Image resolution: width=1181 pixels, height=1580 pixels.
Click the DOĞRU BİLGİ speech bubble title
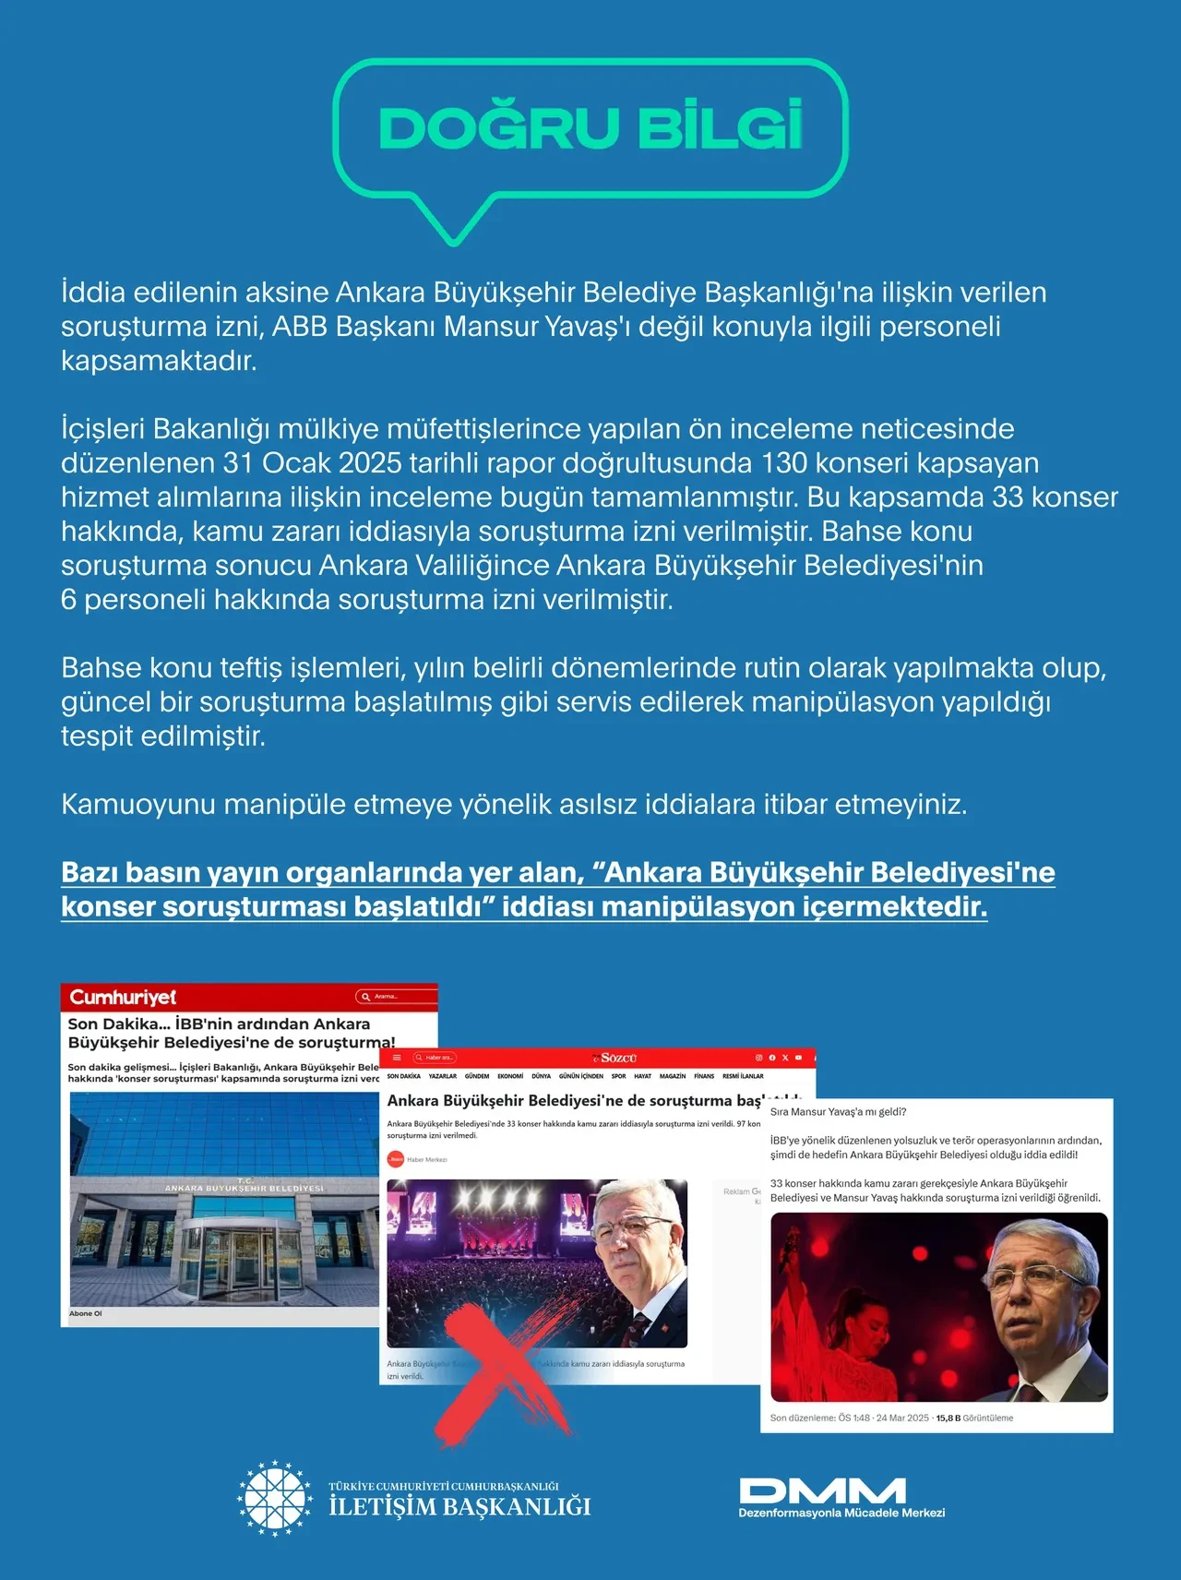[590, 127]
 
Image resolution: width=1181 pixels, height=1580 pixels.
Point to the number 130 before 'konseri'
[784, 462]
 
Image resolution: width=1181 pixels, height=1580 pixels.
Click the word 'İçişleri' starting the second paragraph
[102, 429]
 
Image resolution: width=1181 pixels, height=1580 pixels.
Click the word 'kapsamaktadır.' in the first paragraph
[159, 361]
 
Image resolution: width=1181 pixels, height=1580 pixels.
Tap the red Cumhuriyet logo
[123, 998]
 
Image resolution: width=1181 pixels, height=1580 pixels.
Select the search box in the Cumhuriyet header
[395, 997]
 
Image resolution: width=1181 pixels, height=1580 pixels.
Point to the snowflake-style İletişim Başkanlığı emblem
[275, 1498]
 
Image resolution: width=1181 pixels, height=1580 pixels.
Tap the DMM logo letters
[822, 1490]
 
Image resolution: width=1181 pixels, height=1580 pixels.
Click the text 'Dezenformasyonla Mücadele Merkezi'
[841, 1513]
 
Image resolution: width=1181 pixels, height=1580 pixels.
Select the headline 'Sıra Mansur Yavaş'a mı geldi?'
[838, 1112]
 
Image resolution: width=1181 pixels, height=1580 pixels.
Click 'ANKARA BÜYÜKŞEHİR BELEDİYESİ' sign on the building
[244, 1188]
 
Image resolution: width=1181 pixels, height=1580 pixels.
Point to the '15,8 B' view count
[948, 1418]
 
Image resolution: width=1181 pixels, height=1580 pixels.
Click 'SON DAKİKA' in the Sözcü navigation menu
[404, 1076]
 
